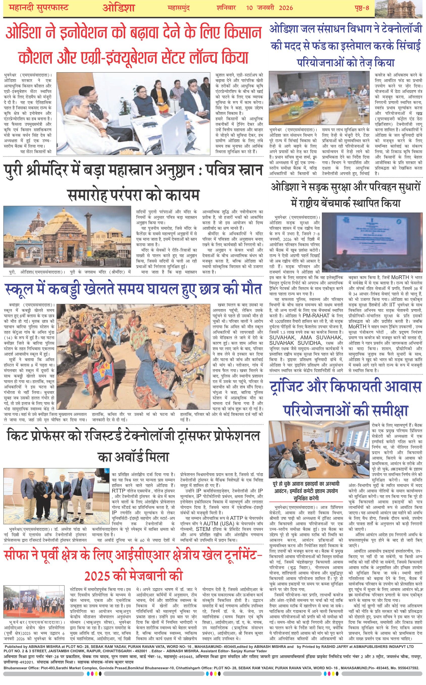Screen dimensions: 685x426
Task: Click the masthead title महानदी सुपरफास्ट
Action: (39, 8)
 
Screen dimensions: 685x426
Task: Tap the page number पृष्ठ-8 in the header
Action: (362, 8)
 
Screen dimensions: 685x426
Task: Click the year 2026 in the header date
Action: (286, 8)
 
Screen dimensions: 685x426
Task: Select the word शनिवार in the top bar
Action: (226, 8)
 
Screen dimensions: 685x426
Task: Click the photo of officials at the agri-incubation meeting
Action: (133, 113)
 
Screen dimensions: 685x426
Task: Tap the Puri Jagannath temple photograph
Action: (67, 236)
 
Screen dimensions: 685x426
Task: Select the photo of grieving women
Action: (133, 357)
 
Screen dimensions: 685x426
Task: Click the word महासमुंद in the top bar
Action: (178, 8)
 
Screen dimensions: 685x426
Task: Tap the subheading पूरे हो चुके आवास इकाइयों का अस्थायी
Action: (306, 484)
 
